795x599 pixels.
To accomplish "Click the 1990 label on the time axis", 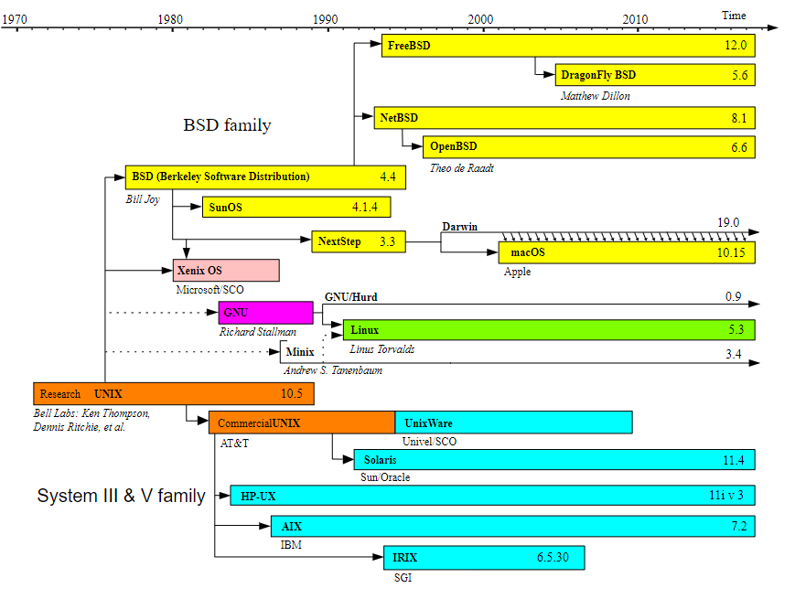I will coord(325,19).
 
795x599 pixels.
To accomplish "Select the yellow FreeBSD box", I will coord(567,45).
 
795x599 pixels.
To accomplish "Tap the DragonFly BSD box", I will coord(654,75).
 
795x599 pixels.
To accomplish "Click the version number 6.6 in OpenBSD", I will coord(738,147).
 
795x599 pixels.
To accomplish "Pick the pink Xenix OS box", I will coord(226,271).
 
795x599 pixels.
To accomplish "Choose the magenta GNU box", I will coord(265,312).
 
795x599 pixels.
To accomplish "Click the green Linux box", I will coord(549,330).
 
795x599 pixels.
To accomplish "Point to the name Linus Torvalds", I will coord(382,349).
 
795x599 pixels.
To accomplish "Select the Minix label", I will coord(300,352).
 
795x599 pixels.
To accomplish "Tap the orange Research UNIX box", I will coord(174,394).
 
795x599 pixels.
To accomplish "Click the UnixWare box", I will coord(513,423).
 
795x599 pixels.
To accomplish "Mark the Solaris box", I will coord(553,460).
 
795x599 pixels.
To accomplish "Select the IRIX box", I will coord(483,557).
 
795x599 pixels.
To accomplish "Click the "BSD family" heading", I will coord(227,125).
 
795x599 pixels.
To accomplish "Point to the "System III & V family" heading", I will coord(121,496).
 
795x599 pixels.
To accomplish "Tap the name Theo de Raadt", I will coord(461,168).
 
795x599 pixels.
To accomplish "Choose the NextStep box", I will coord(358,242).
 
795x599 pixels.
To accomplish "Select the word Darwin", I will coord(459,227).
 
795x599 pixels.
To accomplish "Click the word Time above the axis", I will coord(734,16).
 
